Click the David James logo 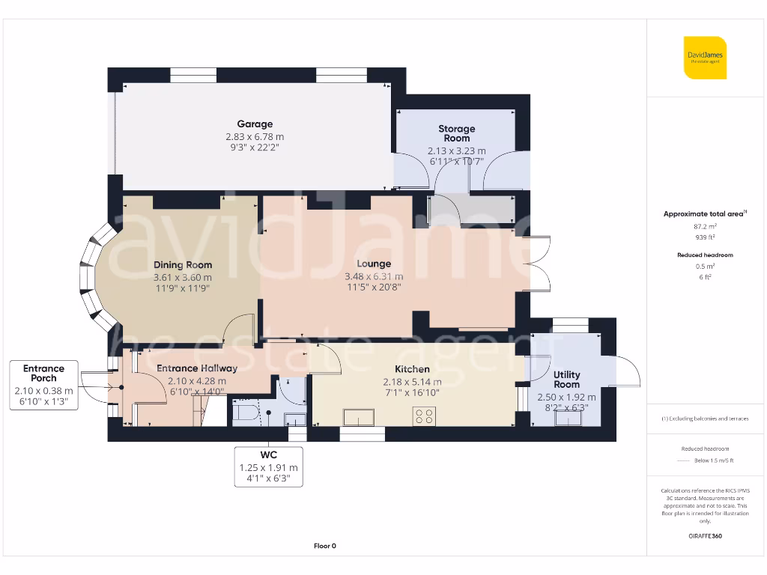tap(705, 58)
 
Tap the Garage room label tap(255, 124)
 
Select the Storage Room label tap(456, 133)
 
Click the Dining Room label tap(183, 265)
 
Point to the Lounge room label tap(374, 264)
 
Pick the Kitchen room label tap(412, 369)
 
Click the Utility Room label tap(566, 380)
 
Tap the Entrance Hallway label tap(197, 368)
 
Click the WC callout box tap(268, 466)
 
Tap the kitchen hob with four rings tap(424, 416)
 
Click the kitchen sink tap(359, 417)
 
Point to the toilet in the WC tap(246, 413)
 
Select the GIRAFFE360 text tap(704, 536)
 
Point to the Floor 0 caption tap(324, 546)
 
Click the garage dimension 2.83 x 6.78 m tap(255, 137)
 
